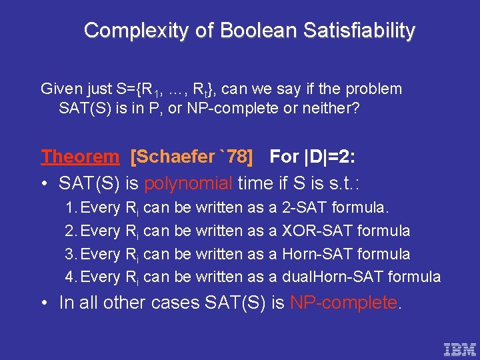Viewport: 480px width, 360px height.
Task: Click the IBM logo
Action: click(x=460, y=349)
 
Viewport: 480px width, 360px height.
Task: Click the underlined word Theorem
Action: click(x=80, y=157)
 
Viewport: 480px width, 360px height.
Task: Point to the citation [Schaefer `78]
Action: click(x=192, y=157)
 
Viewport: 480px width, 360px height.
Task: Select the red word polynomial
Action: click(x=189, y=183)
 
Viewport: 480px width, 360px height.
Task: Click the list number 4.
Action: click(x=70, y=277)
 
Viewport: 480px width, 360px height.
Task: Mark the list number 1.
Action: click(x=70, y=207)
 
